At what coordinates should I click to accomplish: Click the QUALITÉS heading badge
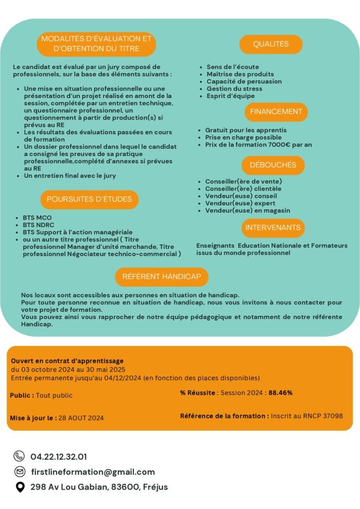(271, 44)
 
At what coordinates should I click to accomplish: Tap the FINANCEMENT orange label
(276, 112)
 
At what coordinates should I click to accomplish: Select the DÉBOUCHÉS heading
(273, 165)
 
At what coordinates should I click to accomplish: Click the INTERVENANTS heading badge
(273, 228)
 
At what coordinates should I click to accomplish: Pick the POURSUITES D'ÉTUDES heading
(90, 199)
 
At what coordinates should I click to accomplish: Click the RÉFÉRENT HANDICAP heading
(162, 277)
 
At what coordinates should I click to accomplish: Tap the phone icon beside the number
(19, 456)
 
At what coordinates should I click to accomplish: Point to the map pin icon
(19, 487)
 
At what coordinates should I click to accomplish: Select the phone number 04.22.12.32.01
(59, 456)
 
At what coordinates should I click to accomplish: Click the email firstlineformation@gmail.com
(92, 472)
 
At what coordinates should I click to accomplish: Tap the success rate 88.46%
(280, 393)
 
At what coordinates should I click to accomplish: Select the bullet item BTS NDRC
(37, 225)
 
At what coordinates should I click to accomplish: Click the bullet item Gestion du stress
(234, 88)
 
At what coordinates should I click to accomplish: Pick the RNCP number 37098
(331, 416)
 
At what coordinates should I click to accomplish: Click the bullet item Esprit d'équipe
(231, 96)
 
